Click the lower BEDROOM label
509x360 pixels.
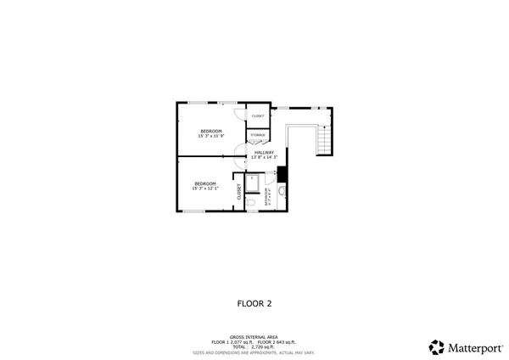(x=205, y=183)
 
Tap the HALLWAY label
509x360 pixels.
(x=264, y=152)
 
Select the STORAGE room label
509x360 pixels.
(x=257, y=135)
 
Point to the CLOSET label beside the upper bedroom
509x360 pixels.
(x=258, y=115)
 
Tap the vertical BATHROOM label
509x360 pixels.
(x=267, y=196)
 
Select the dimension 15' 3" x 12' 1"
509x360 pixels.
(x=205, y=189)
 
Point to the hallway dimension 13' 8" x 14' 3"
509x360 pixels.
(x=264, y=157)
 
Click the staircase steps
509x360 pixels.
(x=322, y=140)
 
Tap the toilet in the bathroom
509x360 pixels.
(x=253, y=202)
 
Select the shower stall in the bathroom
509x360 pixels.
(x=252, y=181)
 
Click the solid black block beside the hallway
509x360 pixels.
(x=282, y=174)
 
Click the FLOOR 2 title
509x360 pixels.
(x=254, y=302)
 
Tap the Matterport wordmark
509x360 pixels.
(x=470, y=346)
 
